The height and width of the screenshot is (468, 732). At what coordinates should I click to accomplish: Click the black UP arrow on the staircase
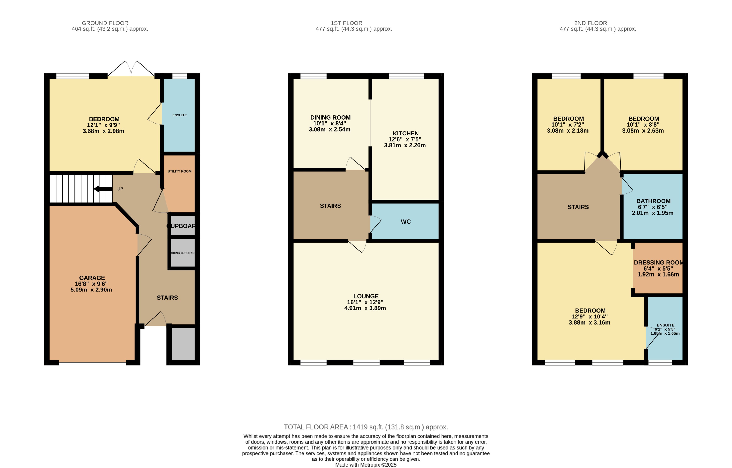[103, 189]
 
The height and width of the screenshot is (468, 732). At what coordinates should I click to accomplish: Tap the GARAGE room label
[92, 278]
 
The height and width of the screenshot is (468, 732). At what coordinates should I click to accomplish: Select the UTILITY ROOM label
[179, 171]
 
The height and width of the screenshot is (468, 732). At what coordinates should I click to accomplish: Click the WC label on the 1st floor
[406, 222]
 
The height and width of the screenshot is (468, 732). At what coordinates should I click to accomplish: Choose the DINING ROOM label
[330, 117]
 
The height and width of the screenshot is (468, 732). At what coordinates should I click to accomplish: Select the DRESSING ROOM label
[658, 263]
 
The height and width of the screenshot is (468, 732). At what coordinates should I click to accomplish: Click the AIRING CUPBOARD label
[182, 253]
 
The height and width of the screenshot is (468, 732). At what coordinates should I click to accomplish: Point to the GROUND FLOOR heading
[105, 23]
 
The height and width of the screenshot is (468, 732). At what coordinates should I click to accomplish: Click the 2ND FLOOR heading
[590, 23]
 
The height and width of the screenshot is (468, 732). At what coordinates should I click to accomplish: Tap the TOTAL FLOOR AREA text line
[366, 427]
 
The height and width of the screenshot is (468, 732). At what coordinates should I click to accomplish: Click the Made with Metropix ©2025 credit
[366, 465]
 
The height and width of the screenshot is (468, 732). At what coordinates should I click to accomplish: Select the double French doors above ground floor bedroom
[131, 69]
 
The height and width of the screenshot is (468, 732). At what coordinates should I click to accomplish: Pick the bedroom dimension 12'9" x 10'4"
[589, 316]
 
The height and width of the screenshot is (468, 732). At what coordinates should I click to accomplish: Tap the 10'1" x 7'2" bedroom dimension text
[568, 125]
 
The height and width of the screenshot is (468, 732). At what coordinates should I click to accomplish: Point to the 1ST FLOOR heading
[346, 23]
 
